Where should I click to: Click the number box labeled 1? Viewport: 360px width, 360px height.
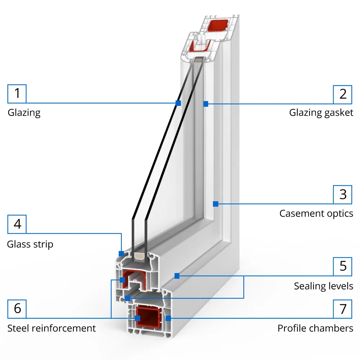17,94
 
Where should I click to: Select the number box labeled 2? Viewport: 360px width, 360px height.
343,94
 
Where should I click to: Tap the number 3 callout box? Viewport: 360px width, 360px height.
343,194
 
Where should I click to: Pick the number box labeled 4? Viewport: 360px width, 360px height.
17,224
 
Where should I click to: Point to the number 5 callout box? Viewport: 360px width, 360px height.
343,266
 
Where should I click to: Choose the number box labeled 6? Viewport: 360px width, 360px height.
17,309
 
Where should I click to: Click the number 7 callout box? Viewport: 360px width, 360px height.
343,309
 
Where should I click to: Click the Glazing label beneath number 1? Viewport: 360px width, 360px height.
24,113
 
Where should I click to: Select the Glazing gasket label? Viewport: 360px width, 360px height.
321,113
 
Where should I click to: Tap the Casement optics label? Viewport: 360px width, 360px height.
316,213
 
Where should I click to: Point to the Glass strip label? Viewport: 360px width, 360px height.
30,244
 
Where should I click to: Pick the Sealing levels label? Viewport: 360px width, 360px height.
324,286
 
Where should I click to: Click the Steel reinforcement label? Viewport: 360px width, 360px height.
51,328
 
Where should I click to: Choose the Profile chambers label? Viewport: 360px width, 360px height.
315,328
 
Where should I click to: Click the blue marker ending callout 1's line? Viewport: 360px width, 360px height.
178,103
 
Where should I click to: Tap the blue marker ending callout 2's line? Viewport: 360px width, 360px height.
206,104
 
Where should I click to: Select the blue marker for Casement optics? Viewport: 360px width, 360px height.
215,204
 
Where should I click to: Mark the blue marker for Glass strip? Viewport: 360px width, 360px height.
121,253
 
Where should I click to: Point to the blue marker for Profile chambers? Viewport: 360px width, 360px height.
168,318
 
